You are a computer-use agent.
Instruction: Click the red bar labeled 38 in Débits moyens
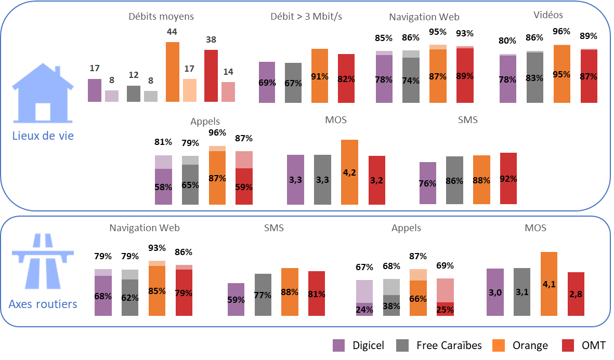(211, 75)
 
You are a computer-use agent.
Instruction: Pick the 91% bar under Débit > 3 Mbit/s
(320, 76)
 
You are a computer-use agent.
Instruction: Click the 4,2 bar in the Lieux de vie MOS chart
(349, 172)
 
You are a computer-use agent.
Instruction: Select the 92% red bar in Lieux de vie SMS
(508, 178)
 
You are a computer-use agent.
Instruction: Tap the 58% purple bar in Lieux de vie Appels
(163, 180)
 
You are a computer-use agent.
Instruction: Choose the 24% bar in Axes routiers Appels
(364, 298)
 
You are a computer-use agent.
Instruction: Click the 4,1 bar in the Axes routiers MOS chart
(549, 284)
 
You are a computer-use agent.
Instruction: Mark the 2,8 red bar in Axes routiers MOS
(576, 294)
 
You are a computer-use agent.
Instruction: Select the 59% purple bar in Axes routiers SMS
(236, 299)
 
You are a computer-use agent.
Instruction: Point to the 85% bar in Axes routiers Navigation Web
(157, 288)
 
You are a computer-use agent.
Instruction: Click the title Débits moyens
(161, 16)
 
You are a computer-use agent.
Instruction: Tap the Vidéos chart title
(548, 15)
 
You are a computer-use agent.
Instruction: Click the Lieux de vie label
(43, 137)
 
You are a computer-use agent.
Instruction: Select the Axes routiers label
(43, 304)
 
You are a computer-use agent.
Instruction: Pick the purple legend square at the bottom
(338, 345)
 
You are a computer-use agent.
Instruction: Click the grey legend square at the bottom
(402, 345)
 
